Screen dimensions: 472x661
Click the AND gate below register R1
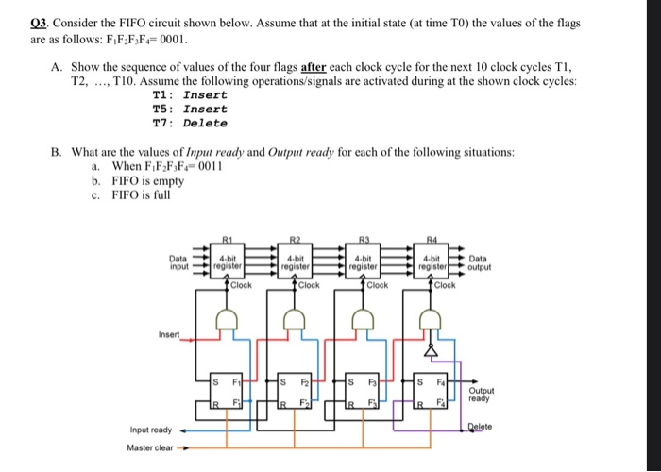click(x=228, y=323)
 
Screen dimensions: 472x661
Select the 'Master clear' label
click(x=150, y=447)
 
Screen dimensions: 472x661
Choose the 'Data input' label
click(x=178, y=261)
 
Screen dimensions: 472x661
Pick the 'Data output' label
click(x=479, y=261)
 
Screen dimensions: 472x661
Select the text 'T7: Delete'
click(x=190, y=123)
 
